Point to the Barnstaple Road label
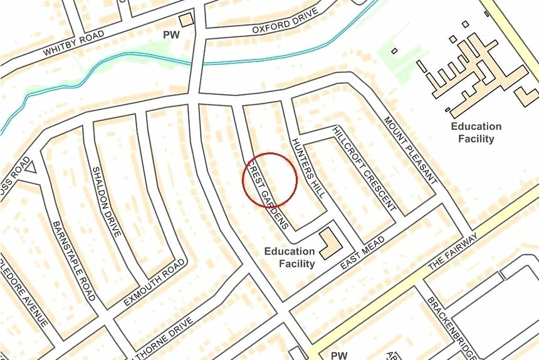pyautogui.click(x=74, y=260)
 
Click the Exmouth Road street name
pyautogui.click(x=154, y=286)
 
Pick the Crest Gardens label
pyautogui.click(x=267, y=194)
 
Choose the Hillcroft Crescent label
pyautogui.click(x=364, y=167)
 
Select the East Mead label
pyautogui.click(x=362, y=254)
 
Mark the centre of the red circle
pyautogui.click(x=269, y=180)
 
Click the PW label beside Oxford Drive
pyautogui.click(x=171, y=35)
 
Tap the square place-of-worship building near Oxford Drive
pyautogui.click(x=186, y=20)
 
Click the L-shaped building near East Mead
pyautogui.click(x=328, y=244)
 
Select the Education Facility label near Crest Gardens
pyautogui.click(x=289, y=258)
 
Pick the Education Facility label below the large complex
pyautogui.click(x=476, y=132)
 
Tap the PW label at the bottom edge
pyautogui.click(x=338, y=355)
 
